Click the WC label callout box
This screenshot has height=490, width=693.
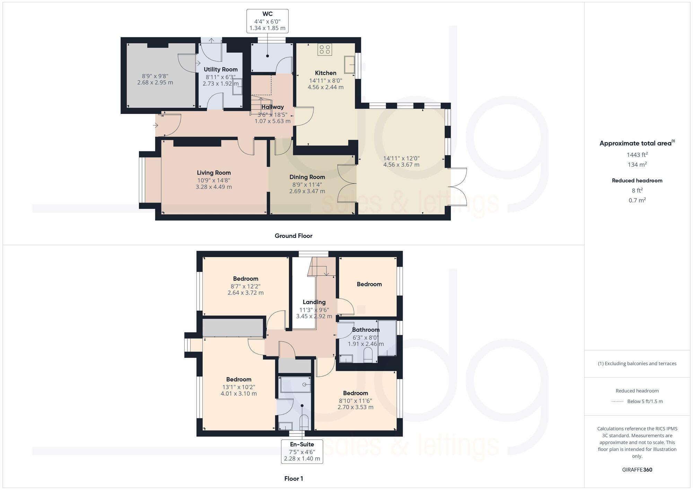[267, 21]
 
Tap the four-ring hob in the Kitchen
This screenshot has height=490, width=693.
[325, 50]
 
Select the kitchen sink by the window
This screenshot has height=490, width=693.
[349, 65]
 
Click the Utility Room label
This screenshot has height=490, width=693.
[220, 70]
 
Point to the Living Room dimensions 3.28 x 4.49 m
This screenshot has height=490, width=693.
[213, 187]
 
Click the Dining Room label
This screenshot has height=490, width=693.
[307, 177]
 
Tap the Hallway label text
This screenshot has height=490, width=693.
[272, 107]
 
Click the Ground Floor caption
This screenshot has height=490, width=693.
[293, 236]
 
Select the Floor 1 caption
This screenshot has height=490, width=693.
[293, 479]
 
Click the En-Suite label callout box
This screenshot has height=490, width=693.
[302, 451]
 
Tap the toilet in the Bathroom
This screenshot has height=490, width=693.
[368, 355]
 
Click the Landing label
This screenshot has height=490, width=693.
[314, 302]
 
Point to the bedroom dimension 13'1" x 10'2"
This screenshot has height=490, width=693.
[239, 387]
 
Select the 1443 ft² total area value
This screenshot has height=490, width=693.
[637, 155]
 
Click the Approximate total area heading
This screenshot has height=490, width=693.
[637, 143]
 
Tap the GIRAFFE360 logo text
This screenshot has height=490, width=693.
[637, 470]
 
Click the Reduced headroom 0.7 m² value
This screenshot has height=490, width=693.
[637, 200]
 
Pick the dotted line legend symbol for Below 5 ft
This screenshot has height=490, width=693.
[617, 402]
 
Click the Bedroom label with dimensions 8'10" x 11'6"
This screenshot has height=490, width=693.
[355, 393]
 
